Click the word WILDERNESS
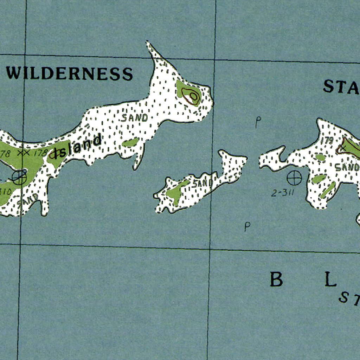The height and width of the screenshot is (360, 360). pyautogui.click(x=70, y=74)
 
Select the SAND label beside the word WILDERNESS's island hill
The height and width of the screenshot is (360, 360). pyautogui.click(x=135, y=118)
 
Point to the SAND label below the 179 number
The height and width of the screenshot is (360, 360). pyautogui.click(x=346, y=167)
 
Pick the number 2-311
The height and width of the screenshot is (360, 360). pyautogui.click(x=282, y=193)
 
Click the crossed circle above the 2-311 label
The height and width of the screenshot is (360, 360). pyautogui.click(x=294, y=178)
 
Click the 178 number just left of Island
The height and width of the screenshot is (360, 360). pyautogui.click(x=40, y=153)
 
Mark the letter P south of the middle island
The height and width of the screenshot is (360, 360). pyautogui.click(x=247, y=227)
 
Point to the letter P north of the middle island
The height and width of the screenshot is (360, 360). pyautogui.click(x=258, y=122)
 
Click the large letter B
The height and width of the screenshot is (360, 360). pyautogui.click(x=276, y=279)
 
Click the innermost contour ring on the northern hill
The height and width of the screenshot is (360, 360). pyautogui.click(x=193, y=96)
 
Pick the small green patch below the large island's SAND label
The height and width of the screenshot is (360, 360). pyautogui.click(x=130, y=142)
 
